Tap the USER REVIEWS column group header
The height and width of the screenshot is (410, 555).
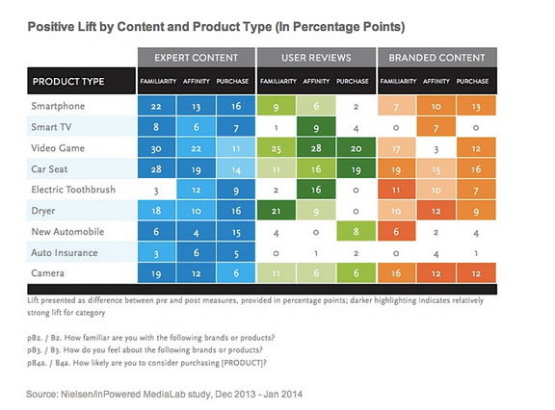316,57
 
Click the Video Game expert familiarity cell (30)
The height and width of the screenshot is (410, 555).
155,149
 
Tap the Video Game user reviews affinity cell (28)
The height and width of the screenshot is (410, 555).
316,149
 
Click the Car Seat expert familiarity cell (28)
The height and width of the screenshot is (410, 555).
155,170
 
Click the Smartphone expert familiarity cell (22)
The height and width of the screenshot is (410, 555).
155,107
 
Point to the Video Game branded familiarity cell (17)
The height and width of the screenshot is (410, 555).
396,149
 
